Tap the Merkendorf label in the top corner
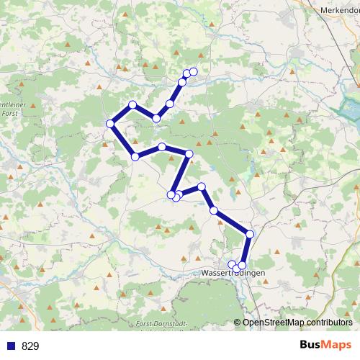(x=340, y=10)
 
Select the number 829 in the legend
(x=30, y=346)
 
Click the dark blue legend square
(x=10, y=346)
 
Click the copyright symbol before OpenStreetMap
(x=238, y=323)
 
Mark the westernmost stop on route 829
(x=111, y=124)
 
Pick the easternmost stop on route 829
(x=250, y=234)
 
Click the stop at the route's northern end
(x=193, y=71)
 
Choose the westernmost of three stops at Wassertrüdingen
(x=232, y=265)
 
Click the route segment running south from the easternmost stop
(x=246, y=250)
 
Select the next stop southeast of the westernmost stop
(x=135, y=156)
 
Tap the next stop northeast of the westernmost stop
(x=132, y=105)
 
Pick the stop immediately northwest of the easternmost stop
(x=214, y=210)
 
